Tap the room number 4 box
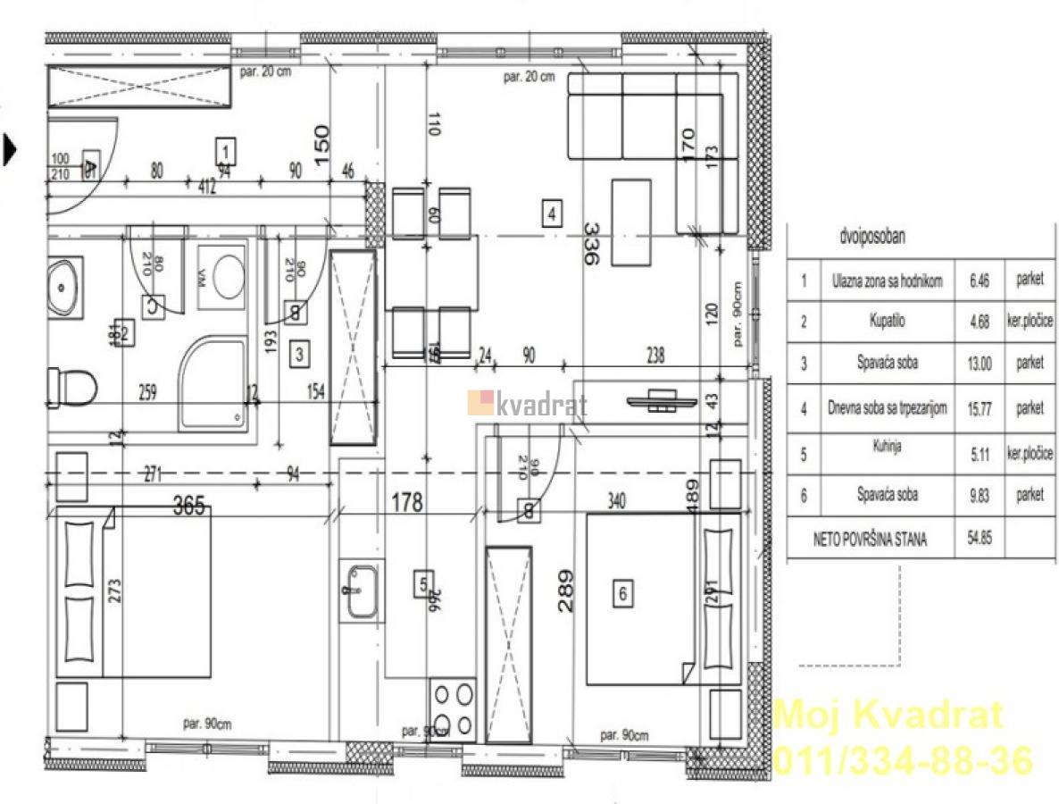tap(553, 214)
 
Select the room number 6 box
tap(623, 590)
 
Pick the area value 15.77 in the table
tap(980, 409)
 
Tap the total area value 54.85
tap(980, 539)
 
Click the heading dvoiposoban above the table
tap(872, 239)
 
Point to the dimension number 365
tap(188, 507)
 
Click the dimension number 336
tap(590, 242)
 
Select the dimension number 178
tap(406, 504)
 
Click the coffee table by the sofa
tap(632, 222)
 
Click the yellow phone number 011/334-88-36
tap(902, 760)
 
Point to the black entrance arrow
tap(10, 149)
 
